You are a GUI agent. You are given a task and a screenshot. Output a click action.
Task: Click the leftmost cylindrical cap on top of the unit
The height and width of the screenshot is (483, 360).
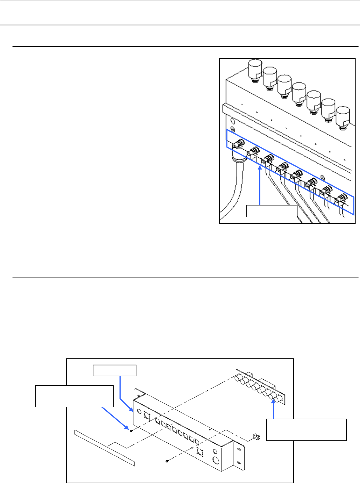pyautogui.click(x=254, y=69)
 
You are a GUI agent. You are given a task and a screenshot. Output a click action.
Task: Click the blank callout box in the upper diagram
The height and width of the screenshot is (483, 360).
pyautogui.click(x=271, y=212)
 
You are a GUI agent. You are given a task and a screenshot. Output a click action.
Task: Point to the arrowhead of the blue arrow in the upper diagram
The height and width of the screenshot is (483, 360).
pyautogui.click(x=260, y=168)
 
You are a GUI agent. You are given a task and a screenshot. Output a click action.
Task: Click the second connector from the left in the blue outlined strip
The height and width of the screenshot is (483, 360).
pyautogui.click(x=253, y=151)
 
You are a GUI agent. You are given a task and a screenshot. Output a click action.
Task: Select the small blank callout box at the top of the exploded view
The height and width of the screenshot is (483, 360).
pyautogui.click(x=115, y=370)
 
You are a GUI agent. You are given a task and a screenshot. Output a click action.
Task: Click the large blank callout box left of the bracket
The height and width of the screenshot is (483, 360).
pyautogui.click(x=74, y=396)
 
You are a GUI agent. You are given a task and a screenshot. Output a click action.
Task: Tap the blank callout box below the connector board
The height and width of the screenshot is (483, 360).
pyautogui.click(x=306, y=429)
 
